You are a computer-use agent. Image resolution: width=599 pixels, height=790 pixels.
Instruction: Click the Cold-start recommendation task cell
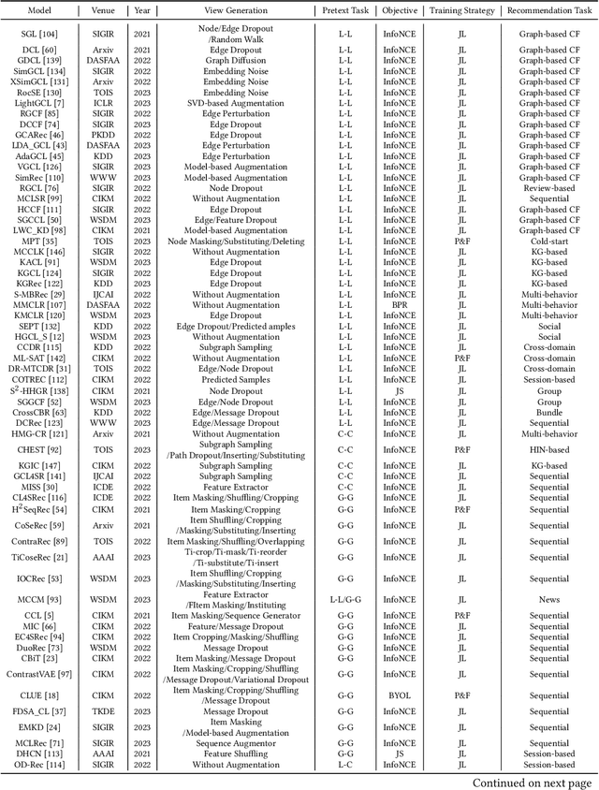tap(548, 242)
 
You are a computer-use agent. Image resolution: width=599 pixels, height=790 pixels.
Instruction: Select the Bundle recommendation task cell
tap(548, 411)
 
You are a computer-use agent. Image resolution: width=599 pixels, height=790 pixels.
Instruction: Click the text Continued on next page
tap(532, 782)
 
